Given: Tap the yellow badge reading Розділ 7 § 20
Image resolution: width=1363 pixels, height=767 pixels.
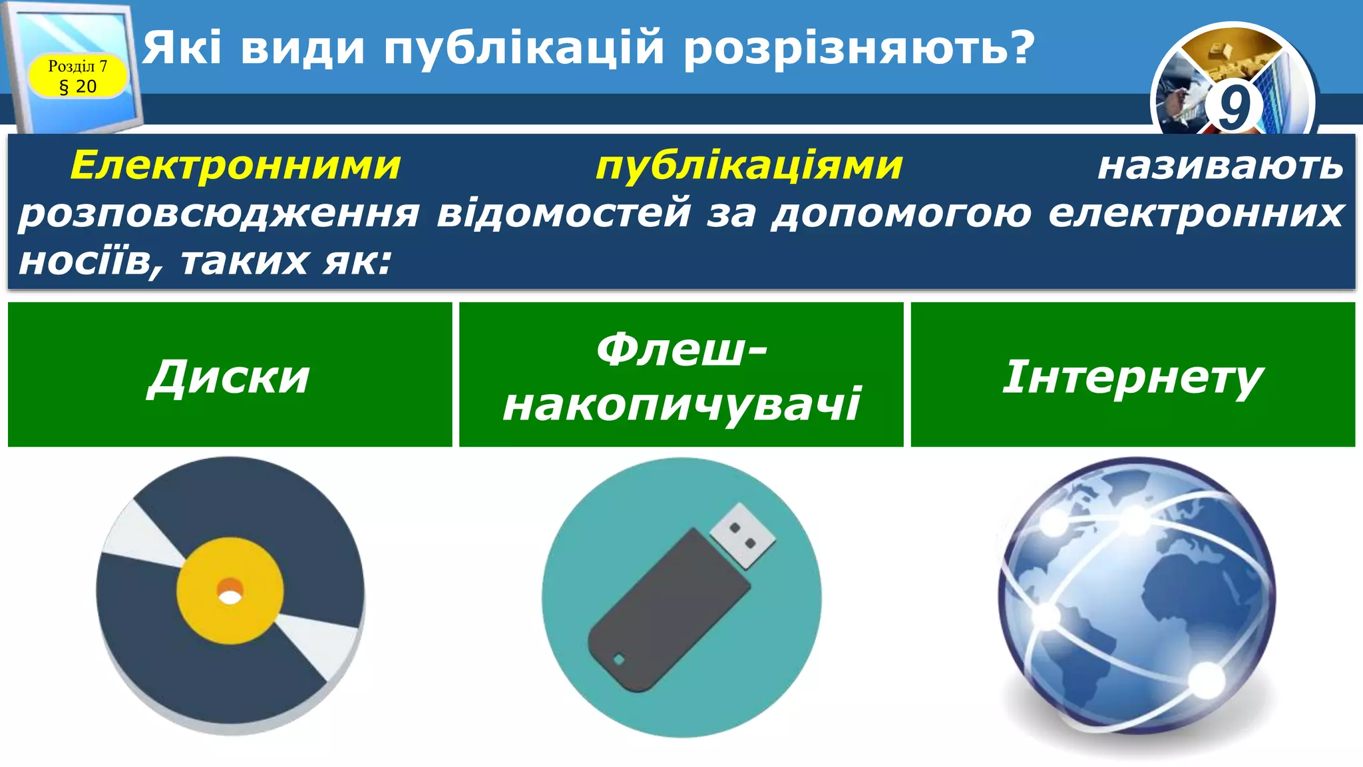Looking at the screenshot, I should tap(77, 77).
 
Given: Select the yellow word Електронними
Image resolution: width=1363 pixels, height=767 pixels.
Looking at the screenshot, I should tap(236, 165).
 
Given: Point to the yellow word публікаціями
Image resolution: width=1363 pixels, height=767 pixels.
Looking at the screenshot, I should tap(749, 165).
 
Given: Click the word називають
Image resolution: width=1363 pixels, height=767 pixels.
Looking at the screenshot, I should tap(1220, 165).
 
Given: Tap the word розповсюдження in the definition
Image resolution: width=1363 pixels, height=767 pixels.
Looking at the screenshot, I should tap(219, 214).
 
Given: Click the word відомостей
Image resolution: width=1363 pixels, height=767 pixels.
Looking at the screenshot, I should tap(563, 214).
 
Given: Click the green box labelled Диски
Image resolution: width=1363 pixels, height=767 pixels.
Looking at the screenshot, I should tap(230, 374).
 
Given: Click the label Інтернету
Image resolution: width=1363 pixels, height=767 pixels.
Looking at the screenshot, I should tap(1132, 376).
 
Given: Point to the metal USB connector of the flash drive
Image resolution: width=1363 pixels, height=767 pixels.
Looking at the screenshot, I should tap(743, 535).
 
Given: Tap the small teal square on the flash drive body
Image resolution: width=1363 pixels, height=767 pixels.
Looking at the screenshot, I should tap(619, 660).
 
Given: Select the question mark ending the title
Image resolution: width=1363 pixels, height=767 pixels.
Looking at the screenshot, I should tap(1018, 49).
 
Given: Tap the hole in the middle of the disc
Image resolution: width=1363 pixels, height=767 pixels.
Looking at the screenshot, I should tap(230, 595).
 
